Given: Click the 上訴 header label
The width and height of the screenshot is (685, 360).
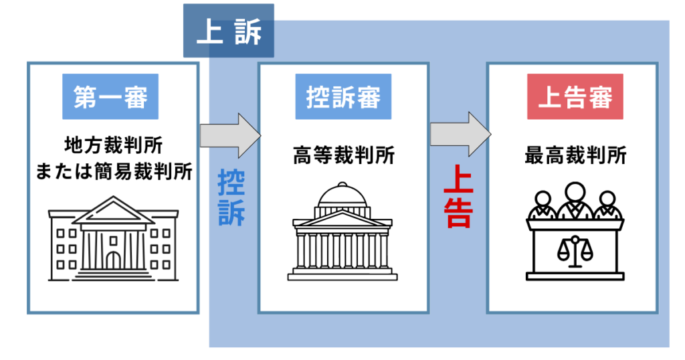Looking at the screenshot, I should (229, 31).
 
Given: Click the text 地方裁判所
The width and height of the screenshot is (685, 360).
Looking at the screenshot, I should (113, 145).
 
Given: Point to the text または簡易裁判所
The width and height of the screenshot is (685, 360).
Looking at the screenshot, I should (113, 171).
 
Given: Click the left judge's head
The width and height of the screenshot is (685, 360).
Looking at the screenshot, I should (543, 199).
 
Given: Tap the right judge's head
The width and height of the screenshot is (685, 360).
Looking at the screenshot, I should (607, 199).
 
